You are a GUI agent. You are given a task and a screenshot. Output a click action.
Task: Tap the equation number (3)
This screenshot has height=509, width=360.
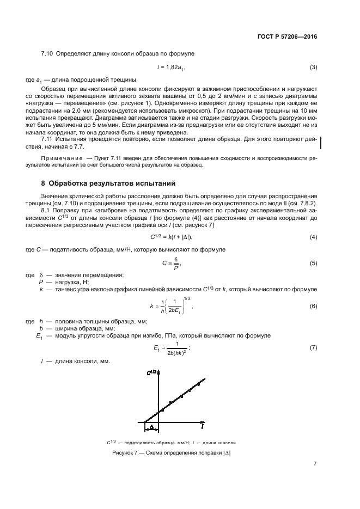pyautogui.click(x=313, y=68)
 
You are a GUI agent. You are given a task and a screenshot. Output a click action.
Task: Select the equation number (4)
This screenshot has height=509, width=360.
pyautogui.click(x=313, y=237)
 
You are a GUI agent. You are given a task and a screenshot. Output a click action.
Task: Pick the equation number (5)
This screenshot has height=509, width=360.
pyautogui.click(x=313, y=263)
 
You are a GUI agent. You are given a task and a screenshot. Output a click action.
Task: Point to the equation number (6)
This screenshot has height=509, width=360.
pyautogui.click(x=313, y=306)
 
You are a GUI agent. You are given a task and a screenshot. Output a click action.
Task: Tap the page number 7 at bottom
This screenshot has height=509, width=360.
pyautogui.click(x=315, y=464)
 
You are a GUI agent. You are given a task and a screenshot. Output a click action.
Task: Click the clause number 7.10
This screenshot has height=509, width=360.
pyautogui.click(x=48, y=54)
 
